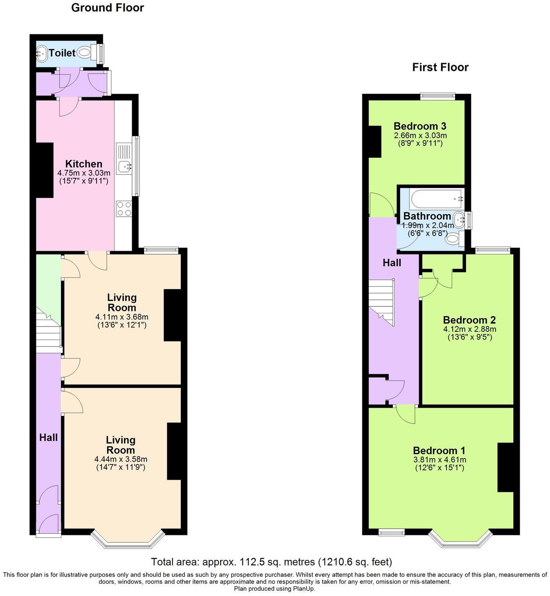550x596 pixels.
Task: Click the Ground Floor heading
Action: click(107, 8)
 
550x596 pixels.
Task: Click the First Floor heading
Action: click(440, 67)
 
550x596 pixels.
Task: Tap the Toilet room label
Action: click(62, 53)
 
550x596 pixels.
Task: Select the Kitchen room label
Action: click(84, 164)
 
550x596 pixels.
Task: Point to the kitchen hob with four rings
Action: click(124, 208)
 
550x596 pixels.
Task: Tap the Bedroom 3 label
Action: click(420, 126)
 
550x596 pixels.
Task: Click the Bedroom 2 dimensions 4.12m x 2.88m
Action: click(469, 329)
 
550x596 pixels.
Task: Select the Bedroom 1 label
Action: click(439, 451)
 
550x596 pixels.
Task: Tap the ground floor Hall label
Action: click(48, 437)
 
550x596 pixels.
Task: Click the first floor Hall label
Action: click(392, 263)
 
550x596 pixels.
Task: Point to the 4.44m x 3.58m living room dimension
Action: click(121, 459)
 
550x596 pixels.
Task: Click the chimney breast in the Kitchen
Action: click(45, 170)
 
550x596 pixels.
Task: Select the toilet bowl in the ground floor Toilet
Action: click(85, 52)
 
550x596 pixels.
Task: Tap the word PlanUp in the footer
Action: click(302, 589)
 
